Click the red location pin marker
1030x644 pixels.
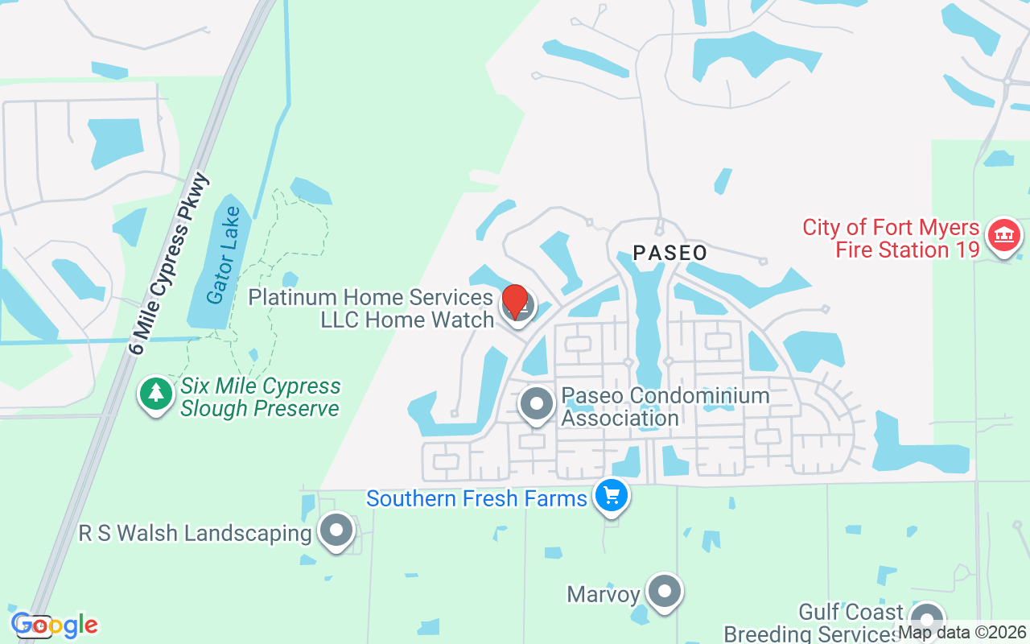(x=515, y=302)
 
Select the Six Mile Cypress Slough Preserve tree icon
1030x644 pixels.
(x=155, y=394)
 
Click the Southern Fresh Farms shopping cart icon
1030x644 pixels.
(x=612, y=495)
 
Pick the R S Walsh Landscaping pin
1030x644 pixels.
(x=336, y=530)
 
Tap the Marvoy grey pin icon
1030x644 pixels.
(x=665, y=592)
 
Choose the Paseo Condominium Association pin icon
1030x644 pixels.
(x=537, y=404)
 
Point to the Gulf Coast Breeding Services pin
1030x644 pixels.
(x=927, y=620)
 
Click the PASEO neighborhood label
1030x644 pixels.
(x=669, y=253)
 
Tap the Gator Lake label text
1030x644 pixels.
(x=224, y=256)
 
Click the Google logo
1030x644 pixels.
(x=55, y=625)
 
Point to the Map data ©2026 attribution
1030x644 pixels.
(x=962, y=633)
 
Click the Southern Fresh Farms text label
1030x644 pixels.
(x=476, y=498)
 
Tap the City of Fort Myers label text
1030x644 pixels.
(x=891, y=228)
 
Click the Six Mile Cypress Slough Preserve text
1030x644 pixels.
(x=260, y=398)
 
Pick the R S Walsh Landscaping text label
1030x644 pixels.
(x=195, y=533)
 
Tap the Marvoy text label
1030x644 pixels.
(x=604, y=595)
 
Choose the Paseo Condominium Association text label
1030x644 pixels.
(x=665, y=407)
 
